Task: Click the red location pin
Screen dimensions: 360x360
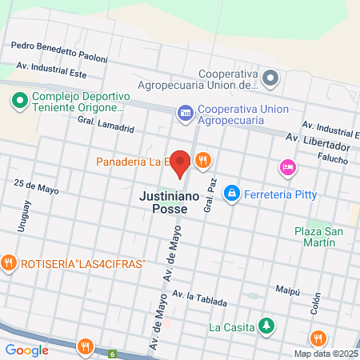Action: pyautogui.click(x=181, y=163)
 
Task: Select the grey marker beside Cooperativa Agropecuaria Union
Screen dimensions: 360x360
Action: pyautogui.click(x=270, y=78)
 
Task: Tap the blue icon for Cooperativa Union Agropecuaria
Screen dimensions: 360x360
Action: pyautogui.click(x=186, y=112)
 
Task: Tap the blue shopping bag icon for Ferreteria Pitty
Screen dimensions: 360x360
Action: pyautogui.click(x=232, y=192)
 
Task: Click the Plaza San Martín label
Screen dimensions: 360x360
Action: pyautogui.click(x=319, y=238)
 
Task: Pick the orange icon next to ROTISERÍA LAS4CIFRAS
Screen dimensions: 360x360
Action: pyautogui.click(x=10, y=262)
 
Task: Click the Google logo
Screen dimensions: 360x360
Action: pyautogui.click(x=27, y=350)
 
